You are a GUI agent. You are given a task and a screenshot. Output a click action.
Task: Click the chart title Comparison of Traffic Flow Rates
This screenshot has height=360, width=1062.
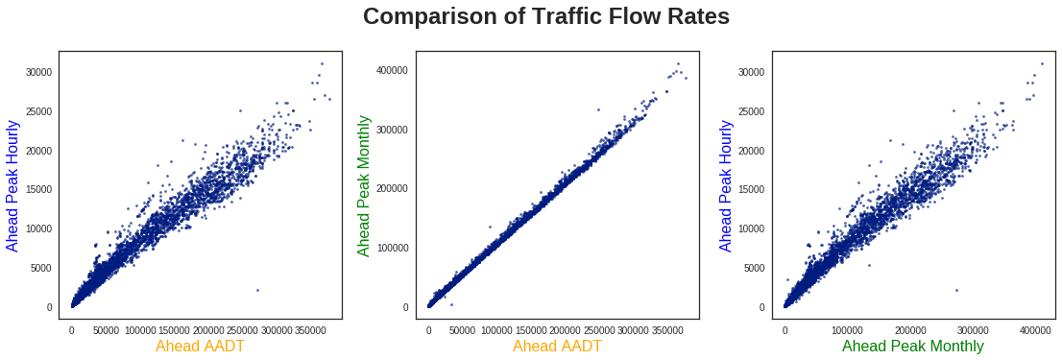[x=546, y=17]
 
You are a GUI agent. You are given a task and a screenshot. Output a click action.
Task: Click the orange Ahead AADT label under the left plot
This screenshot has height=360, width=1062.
[x=200, y=346]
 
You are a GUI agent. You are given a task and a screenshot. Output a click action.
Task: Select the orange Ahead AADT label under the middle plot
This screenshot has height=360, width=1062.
[x=557, y=346]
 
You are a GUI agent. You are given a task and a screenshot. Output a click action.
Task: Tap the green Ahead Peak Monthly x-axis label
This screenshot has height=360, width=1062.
[x=912, y=346]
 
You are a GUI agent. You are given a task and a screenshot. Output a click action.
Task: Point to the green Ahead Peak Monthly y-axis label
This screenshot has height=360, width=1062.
[x=364, y=185]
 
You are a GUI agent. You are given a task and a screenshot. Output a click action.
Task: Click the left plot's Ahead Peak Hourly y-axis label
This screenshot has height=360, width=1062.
[x=12, y=185]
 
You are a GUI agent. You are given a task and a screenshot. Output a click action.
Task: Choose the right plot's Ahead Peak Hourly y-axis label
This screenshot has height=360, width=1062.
[x=726, y=185]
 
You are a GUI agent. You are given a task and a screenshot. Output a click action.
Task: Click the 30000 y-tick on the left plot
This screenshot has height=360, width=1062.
[x=38, y=72]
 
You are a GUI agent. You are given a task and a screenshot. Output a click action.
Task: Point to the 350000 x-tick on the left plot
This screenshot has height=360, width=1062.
[x=310, y=330]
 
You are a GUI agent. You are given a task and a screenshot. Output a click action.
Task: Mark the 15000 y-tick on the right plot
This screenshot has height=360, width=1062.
[x=752, y=189]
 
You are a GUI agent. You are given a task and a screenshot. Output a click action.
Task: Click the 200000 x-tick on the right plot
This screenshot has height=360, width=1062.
[x=910, y=330]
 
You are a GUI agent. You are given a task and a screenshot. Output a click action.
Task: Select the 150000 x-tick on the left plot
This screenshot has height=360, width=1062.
[x=174, y=330]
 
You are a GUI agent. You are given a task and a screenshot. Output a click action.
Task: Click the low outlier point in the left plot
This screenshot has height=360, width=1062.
[x=257, y=290]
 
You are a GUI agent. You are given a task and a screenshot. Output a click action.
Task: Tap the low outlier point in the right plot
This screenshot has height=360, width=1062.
[x=956, y=290]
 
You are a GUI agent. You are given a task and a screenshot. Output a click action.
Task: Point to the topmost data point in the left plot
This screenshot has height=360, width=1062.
[x=322, y=64]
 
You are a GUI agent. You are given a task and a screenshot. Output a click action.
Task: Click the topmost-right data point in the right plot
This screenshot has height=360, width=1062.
[x=1042, y=64]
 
